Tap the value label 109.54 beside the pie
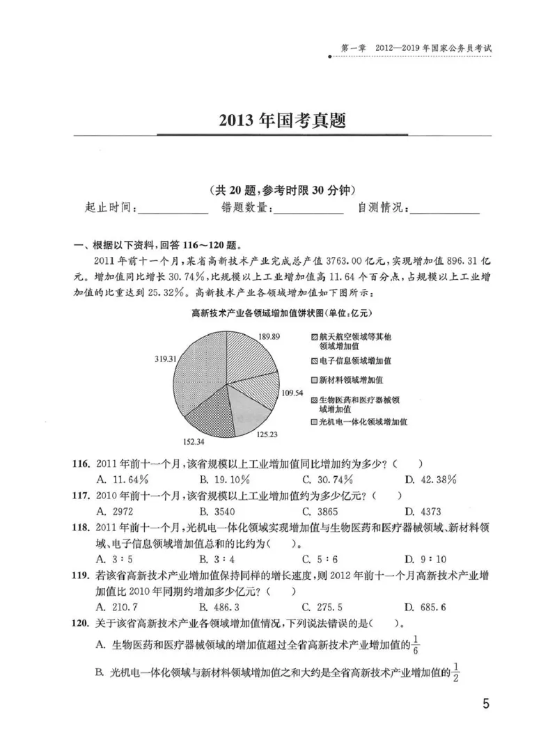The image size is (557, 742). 293,392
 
